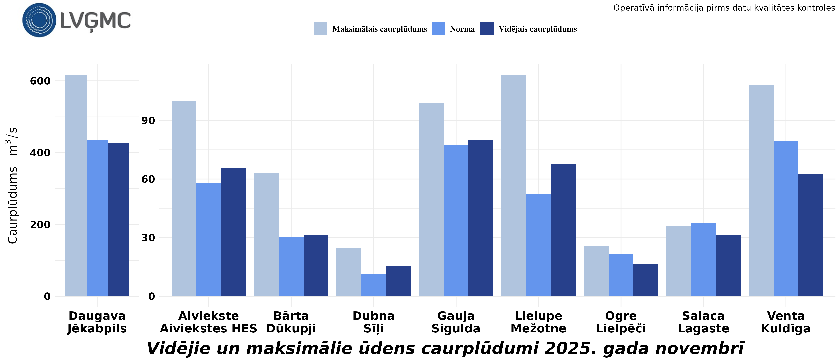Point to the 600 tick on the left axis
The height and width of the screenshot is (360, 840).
(x=40, y=81)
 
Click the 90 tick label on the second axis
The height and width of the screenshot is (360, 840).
(x=148, y=121)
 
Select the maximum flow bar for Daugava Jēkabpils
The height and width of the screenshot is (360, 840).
(x=76, y=186)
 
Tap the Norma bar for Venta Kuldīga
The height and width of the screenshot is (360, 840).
(x=786, y=218)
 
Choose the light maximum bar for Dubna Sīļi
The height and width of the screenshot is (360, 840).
(x=349, y=272)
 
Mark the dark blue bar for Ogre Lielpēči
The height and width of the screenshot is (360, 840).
(x=646, y=280)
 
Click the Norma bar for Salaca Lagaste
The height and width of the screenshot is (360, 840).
(x=703, y=260)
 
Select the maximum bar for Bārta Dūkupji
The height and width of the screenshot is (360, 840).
(x=266, y=235)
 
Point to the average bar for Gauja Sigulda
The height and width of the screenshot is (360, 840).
(x=481, y=218)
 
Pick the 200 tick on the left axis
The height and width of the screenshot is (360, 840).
(x=40, y=224)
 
